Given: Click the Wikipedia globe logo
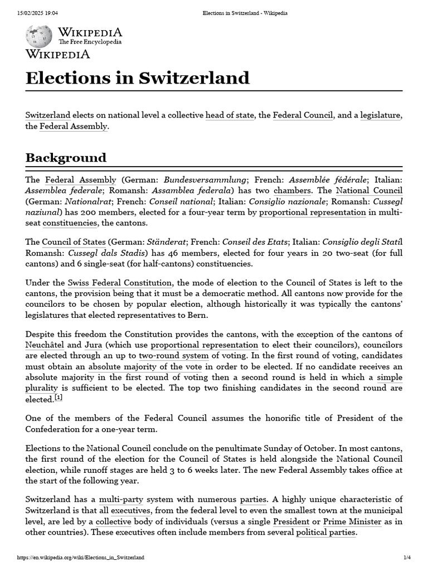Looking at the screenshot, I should click(39, 36).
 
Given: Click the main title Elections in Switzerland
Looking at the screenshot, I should click(137, 78).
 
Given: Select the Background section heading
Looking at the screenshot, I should click(66, 157).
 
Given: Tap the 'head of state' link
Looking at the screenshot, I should click(230, 115).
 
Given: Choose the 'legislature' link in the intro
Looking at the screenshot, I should click(381, 115).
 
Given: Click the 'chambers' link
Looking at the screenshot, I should click(292, 191).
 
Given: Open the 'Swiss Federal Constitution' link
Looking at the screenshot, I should click(120, 283).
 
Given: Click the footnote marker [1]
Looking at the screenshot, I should click(59, 398).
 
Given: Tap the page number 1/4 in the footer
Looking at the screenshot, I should click(407, 558).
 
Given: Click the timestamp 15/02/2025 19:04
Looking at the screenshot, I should click(34, 13).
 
